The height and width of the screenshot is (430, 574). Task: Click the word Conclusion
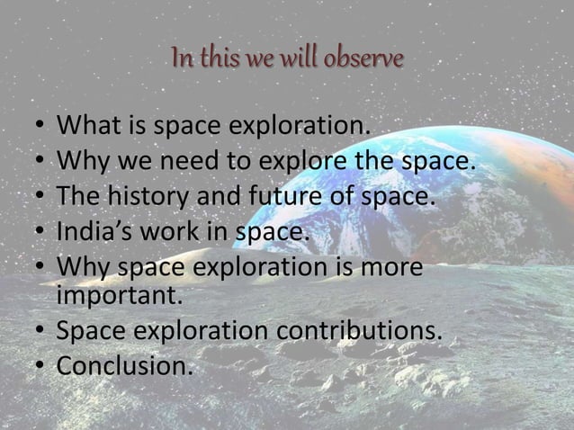click(x=125, y=367)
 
